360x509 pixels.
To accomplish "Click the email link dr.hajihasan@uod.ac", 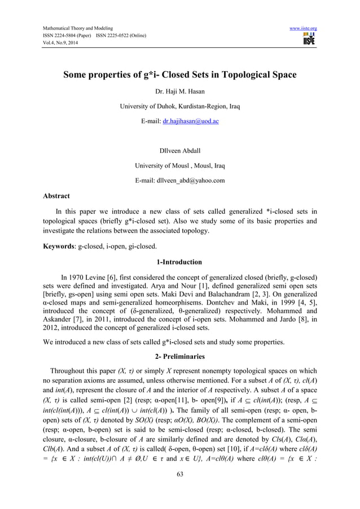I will pos(194,121).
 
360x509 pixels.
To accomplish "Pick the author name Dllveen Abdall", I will pos(179,151).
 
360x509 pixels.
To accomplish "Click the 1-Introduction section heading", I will pos(179,262).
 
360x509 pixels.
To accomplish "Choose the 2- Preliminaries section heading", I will pos(179,356).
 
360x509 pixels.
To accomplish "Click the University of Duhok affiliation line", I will pos(179,106).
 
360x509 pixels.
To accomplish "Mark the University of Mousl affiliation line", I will pos(179,166).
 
